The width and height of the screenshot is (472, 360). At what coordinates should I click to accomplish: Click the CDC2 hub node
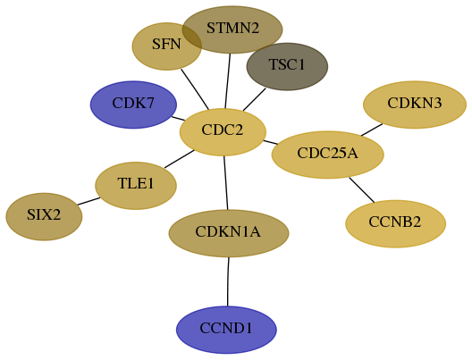coord(223,132)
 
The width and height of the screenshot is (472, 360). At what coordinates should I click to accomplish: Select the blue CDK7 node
coord(133,105)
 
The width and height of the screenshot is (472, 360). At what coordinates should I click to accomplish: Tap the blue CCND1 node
coord(226,330)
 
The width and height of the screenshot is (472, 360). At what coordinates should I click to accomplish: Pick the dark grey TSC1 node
coord(287,66)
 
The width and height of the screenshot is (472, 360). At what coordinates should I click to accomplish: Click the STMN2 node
coord(232,29)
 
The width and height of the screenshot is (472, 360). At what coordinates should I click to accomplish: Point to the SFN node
coord(167,46)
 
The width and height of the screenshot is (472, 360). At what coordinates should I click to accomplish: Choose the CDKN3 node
coord(415,105)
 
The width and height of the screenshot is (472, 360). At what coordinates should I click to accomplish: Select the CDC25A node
coord(328,155)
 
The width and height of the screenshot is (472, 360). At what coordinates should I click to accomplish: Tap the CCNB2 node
coord(395,223)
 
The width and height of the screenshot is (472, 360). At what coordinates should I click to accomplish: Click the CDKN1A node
coord(229,233)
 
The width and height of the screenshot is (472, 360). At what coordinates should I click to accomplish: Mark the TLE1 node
coord(136,186)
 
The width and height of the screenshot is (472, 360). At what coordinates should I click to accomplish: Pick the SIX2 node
coord(44,216)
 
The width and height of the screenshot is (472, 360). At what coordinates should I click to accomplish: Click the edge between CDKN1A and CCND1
coord(228,281)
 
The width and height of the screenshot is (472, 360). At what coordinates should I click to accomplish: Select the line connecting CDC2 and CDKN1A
coord(226,183)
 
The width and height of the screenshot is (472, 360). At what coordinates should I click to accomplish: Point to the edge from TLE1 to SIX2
coord(88,201)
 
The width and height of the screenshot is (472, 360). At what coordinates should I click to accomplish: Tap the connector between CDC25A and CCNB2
coord(362,190)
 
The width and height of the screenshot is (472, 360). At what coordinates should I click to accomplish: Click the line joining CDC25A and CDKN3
coord(372,130)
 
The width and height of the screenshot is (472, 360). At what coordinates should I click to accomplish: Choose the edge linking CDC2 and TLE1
coord(180,159)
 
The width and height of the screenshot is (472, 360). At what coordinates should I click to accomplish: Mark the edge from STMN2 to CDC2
coord(228,81)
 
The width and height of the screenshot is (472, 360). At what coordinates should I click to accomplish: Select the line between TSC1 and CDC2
coord(255,99)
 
